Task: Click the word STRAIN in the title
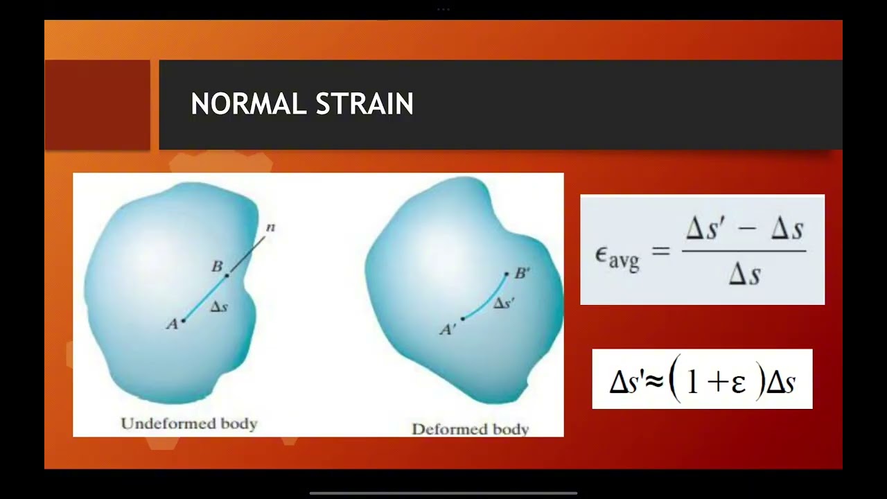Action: (365, 104)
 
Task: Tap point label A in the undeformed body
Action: (172, 324)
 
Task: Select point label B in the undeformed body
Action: (217, 266)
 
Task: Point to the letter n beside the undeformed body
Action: (270, 227)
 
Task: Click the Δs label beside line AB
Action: (219, 306)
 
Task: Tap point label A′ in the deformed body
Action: (448, 330)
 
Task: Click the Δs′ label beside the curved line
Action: (504, 303)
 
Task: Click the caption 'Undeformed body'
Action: (188, 423)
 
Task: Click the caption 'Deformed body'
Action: (471, 429)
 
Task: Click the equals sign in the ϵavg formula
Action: (660, 251)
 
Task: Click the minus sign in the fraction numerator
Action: (744, 229)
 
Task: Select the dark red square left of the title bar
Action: (97, 105)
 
